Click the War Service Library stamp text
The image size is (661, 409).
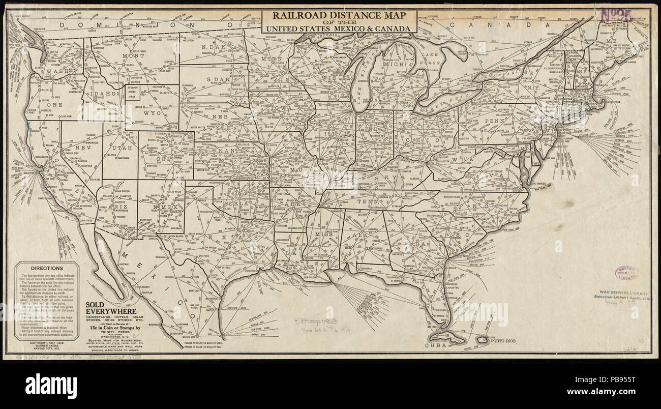623,294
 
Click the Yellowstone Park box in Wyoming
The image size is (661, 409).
133,92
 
